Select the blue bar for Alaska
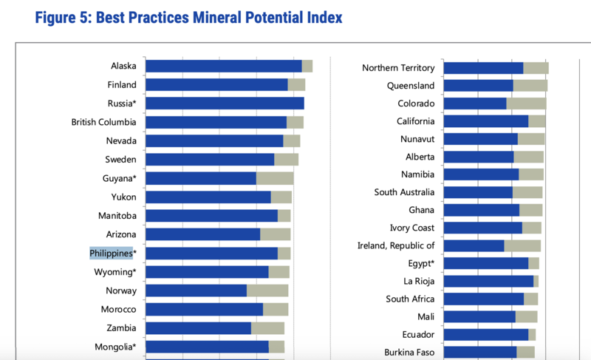tap(223, 66)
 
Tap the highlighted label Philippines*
tap(112, 254)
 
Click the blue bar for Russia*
tap(225, 103)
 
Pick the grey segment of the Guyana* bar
tap(275, 178)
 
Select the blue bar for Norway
tap(196, 291)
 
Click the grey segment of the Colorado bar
tap(526, 103)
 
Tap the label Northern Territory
tap(398, 68)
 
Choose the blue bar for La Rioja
tap(488, 281)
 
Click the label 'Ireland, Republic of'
tap(396, 245)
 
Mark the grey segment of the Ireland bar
tap(522, 245)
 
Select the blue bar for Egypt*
tap(486, 263)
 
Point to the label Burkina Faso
tap(409, 352)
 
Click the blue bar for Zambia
tap(198, 328)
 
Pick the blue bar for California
tap(486, 121)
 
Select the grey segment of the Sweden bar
tap(286, 159)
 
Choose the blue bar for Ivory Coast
tap(482, 228)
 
